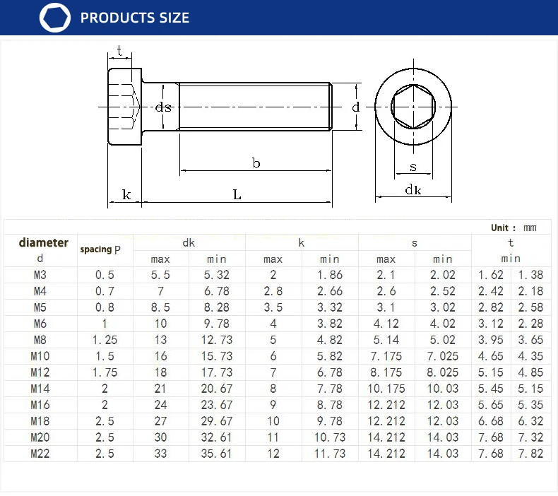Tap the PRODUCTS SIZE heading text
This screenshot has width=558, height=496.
(135, 18)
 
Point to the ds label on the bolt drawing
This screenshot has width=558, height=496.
(163, 107)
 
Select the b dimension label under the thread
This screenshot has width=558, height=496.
(256, 163)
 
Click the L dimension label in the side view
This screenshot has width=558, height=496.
(237, 194)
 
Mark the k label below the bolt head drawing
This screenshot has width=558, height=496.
(126, 194)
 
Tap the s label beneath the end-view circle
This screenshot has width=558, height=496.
(413, 167)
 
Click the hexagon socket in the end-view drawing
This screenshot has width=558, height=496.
(413, 107)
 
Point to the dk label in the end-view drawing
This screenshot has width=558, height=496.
(413, 189)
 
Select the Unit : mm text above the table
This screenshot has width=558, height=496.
(514, 228)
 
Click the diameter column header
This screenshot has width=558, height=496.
(43, 242)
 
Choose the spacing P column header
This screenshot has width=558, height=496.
(100, 249)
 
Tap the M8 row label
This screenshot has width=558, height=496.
(40, 340)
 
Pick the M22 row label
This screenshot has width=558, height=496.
(40, 454)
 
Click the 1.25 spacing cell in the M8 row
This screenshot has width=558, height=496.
(105, 340)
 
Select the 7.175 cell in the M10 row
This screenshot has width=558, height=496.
(386, 356)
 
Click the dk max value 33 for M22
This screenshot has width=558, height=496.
(160, 454)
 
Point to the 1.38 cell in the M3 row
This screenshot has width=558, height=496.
(530, 275)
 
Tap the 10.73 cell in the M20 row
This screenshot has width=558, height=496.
(329, 437)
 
